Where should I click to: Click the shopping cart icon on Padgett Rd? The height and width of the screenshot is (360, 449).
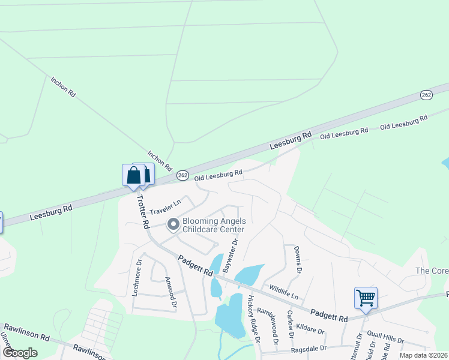coord(366,298)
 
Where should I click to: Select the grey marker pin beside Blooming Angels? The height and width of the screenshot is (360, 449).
coord(173,225)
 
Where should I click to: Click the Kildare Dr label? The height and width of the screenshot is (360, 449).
coord(310,329)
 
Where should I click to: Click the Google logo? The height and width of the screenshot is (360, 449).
coord(20,352)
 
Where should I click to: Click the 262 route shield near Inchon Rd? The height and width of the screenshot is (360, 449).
coord(183,175)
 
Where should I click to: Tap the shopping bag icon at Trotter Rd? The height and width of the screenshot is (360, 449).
coord(134,175)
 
